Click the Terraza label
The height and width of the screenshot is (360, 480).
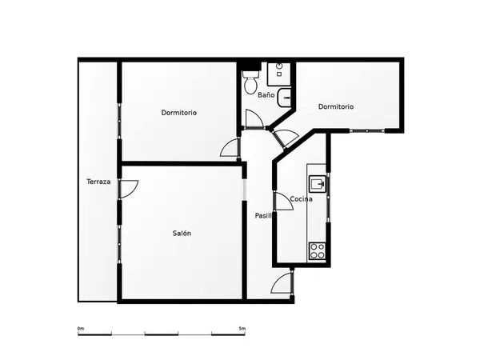(x=98, y=182)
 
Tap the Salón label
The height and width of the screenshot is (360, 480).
(x=182, y=234)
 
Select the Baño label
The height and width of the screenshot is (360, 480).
(x=266, y=95)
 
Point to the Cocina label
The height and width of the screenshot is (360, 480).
(x=302, y=199)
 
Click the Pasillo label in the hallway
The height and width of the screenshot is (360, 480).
(x=263, y=215)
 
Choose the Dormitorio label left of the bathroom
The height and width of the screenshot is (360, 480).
(x=178, y=113)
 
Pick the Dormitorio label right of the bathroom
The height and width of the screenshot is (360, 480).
(x=336, y=106)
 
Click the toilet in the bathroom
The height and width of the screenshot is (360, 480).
(x=250, y=82)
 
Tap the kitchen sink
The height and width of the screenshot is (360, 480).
(x=318, y=184)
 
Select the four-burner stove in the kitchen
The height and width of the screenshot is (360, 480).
(x=317, y=251)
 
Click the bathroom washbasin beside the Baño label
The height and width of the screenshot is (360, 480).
(x=284, y=98)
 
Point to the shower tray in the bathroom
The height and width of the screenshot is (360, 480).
(x=279, y=74)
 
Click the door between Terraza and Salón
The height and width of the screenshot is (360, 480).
(x=128, y=189)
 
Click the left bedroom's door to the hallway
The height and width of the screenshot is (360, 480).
(x=229, y=147)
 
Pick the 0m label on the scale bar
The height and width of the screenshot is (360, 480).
(x=81, y=329)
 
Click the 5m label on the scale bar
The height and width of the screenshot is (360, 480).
(x=242, y=329)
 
